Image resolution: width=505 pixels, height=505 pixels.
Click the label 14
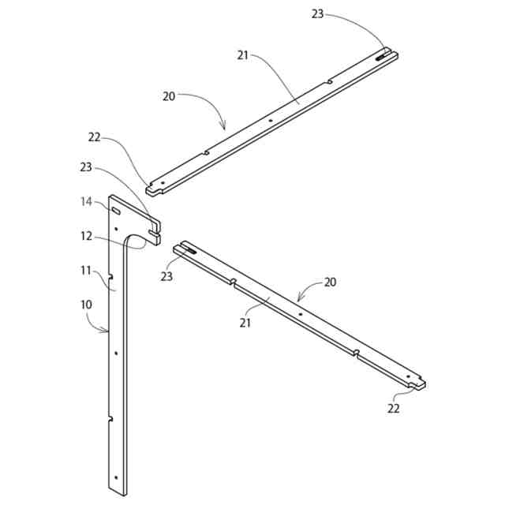pyautogui.click(x=87, y=201)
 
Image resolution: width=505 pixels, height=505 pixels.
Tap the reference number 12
pyautogui.click(x=87, y=235)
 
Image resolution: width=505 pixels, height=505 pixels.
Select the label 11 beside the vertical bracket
pyautogui.click(x=87, y=270)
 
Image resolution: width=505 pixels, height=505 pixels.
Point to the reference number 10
pyautogui.click(x=86, y=304)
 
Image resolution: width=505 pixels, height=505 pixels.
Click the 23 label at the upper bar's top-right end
pyautogui.click(x=317, y=13)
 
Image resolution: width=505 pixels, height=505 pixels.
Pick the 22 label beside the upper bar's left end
pyautogui.click(x=95, y=137)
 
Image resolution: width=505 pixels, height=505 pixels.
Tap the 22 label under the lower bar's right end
pyautogui.click(x=394, y=408)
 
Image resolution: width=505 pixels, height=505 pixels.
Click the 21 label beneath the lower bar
pyautogui.click(x=245, y=323)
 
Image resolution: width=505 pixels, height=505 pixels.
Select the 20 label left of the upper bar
pyautogui.click(x=169, y=96)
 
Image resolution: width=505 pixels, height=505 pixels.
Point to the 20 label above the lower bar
pyautogui.click(x=331, y=282)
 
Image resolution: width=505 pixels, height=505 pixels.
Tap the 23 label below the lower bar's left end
pyautogui.click(x=166, y=276)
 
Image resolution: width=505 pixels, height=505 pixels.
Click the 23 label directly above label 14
pyautogui.click(x=87, y=166)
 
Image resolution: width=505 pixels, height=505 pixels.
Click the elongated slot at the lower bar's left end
pyautogui.click(x=187, y=248)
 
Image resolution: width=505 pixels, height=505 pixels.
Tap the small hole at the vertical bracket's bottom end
pyautogui.click(x=116, y=478)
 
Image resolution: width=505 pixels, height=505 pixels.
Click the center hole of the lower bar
pyautogui.click(x=301, y=314)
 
